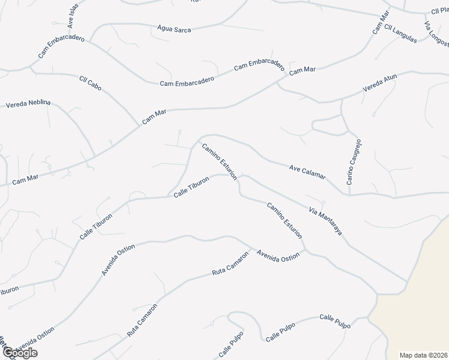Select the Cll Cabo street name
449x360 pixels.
click(x=90, y=83)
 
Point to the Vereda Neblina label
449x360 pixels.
click(x=28, y=104)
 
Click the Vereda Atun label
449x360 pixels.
click(x=379, y=83)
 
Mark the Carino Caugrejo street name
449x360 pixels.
click(x=353, y=163)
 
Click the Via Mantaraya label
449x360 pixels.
click(x=325, y=221)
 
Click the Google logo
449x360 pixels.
click(x=19, y=353)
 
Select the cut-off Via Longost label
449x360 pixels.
click(x=436, y=34)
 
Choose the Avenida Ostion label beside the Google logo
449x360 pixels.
click(x=36, y=341)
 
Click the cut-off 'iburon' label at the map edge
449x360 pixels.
click(x=9, y=289)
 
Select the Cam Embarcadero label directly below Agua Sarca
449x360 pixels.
click(x=187, y=82)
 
